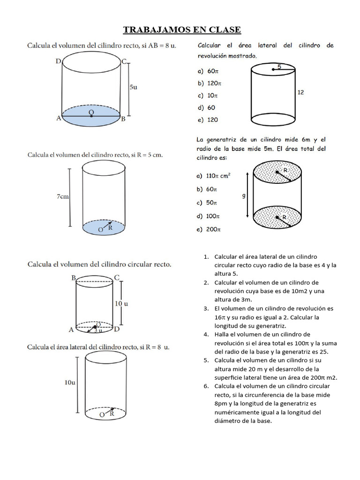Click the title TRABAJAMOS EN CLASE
point(182,30)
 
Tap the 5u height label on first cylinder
point(133,87)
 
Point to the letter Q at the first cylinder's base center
point(90,112)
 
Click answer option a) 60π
point(208,72)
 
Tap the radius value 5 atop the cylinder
point(279,67)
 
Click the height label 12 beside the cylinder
point(300,92)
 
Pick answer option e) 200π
point(209,230)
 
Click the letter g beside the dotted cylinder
point(244,196)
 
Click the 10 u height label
point(121,303)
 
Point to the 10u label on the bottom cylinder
point(70,382)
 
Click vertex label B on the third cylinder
point(74,278)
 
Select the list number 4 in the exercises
point(206,334)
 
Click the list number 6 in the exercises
point(206,386)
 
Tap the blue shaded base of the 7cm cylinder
point(104,228)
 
